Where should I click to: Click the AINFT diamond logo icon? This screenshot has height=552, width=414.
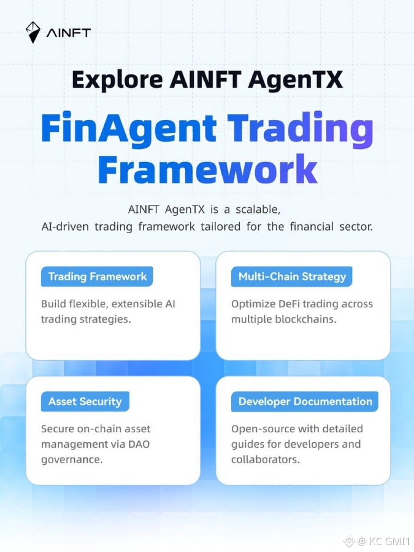pyautogui.click(x=33, y=32)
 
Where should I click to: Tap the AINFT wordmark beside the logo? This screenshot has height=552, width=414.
pyautogui.click(x=69, y=33)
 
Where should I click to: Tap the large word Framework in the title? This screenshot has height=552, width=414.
pyautogui.click(x=207, y=169)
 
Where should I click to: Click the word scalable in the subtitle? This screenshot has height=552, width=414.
pyautogui.click(x=258, y=209)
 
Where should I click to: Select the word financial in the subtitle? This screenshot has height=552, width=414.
pyautogui.click(x=312, y=227)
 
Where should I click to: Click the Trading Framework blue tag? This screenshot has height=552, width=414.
pyautogui.click(x=97, y=276)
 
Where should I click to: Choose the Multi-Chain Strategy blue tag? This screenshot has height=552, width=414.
pyautogui.click(x=292, y=276)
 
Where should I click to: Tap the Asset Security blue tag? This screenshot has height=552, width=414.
pyautogui.click(x=85, y=401)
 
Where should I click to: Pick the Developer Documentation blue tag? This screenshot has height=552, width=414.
pyautogui.click(x=305, y=401)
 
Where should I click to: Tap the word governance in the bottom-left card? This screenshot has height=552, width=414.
pyautogui.click(x=72, y=460)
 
